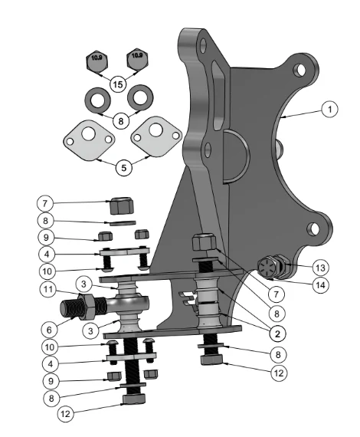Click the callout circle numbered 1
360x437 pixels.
click(x=329, y=109)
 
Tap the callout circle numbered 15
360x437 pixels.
click(x=118, y=84)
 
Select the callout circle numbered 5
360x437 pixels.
click(x=123, y=167)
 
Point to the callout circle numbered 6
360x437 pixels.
click(x=49, y=330)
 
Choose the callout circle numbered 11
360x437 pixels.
click(x=48, y=289)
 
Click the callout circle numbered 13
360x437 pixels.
click(x=320, y=268)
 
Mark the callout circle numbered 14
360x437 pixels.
click(x=320, y=285)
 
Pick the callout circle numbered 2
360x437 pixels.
click(x=277, y=333)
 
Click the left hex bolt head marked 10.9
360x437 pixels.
click(x=97, y=61)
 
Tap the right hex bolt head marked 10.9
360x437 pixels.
click(x=137, y=60)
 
